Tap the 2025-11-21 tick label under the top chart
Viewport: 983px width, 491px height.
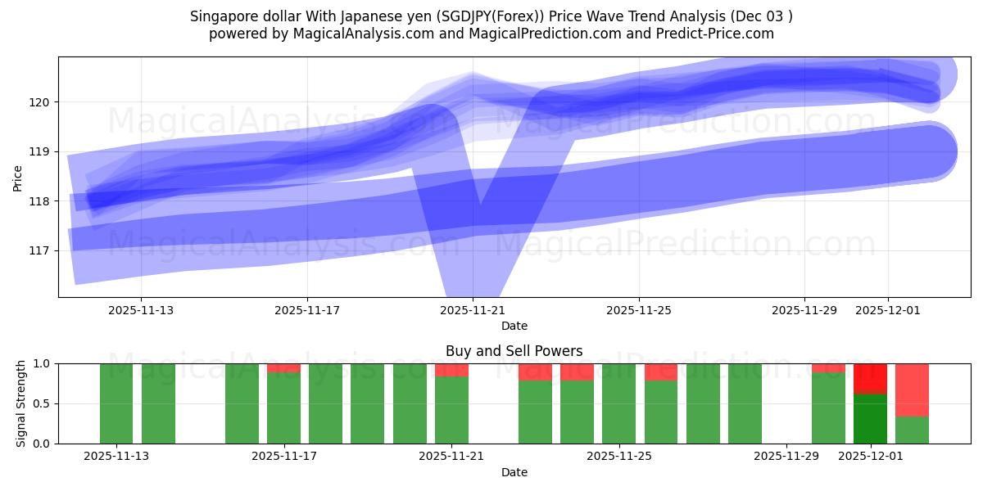(473, 311)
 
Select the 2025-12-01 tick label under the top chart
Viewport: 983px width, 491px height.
(888, 311)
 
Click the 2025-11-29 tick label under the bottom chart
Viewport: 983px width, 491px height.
(786, 457)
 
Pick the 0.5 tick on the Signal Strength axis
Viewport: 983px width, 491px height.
(41, 403)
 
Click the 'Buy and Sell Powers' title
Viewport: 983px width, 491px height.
(514, 351)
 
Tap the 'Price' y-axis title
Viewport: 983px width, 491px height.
(18, 177)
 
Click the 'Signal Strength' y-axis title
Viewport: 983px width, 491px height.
(20, 403)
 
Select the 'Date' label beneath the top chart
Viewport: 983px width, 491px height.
(514, 326)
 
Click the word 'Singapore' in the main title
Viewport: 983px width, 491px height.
(219, 16)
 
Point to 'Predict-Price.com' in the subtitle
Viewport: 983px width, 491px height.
(721, 34)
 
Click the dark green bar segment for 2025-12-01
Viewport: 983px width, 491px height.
(870, 419)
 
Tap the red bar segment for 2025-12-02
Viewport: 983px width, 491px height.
(912, 390)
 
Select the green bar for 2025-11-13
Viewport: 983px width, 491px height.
(116, 403)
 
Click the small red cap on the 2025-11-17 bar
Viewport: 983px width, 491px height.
(283, 368)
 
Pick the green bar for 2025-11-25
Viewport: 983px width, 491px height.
(618, 403)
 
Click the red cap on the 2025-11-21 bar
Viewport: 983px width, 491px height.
(451, 370)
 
